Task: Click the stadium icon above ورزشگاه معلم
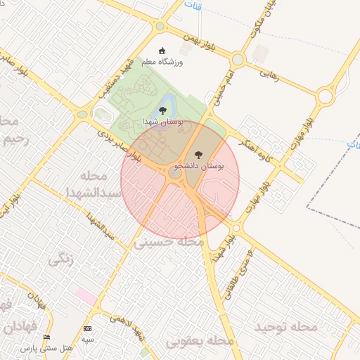click(x=162, y=51)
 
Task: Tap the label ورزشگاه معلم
click(x=162, y=63)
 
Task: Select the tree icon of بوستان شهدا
click(x=163, y=110)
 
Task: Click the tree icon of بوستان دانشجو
click(x=196, y=154)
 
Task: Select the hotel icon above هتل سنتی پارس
click(x=47, y=337)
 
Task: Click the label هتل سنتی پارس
click(x=47, y=349)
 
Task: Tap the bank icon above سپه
click(x=87, y=328)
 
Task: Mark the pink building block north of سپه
click(x=86, y=296)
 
